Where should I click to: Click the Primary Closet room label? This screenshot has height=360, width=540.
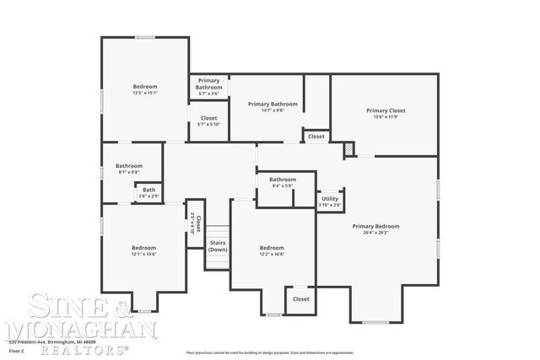[385, 110]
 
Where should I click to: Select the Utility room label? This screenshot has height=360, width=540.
[330, 199]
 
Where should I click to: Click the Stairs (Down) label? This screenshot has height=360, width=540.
[218, 246]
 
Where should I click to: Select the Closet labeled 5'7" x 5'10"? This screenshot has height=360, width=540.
[208, 121]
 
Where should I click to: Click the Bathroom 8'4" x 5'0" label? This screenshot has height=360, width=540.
[283, 183]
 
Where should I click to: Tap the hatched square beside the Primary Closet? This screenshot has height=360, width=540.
[349, 149]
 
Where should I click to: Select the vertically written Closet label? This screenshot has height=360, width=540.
[196, 223]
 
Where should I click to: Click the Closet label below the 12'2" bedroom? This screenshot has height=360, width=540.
[300, 298]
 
